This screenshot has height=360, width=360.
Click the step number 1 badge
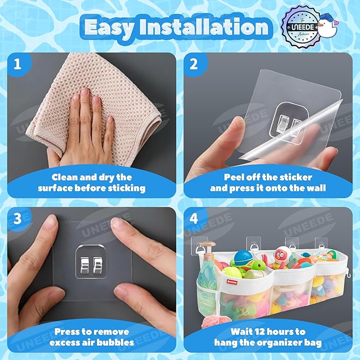(17, 64)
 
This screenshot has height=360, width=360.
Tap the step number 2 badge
(194, 64)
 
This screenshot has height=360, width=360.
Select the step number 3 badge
(17, 218)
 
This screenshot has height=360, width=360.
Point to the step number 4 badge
(194, 218)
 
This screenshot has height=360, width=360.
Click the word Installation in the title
(204, 27)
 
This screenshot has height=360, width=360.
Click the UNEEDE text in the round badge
(303, 28)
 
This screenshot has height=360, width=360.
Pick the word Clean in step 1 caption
(62, 177)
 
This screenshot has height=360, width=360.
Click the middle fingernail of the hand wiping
(84, 91)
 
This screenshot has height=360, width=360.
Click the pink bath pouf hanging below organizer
(214, 322)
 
